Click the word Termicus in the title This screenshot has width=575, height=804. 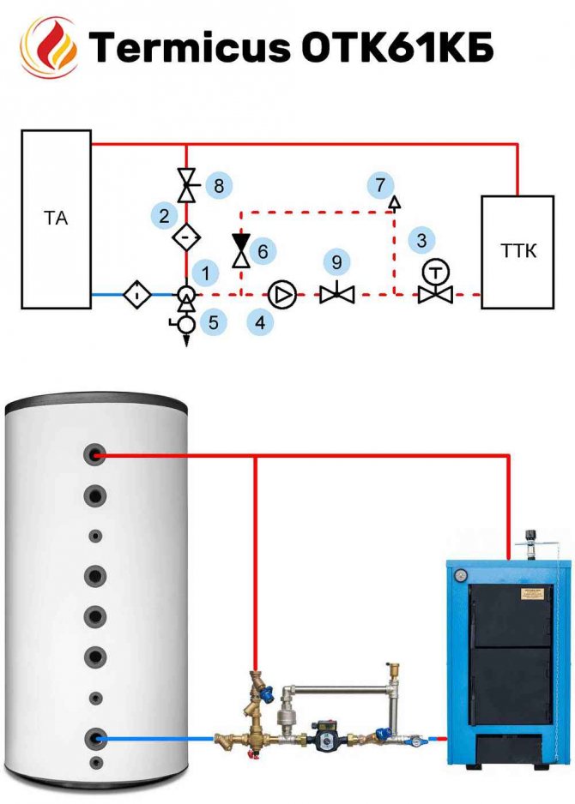click(x=190, y=50)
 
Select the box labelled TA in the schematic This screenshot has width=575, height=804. click(x=56, y=219)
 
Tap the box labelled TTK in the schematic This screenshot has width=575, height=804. click(x=517, y=251)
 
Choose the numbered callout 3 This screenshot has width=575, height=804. click(x=421, y=241)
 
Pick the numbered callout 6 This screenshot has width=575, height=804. click(x=263, y=251)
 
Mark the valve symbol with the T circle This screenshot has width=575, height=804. click(x=437, y=284)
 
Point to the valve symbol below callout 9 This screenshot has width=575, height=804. click(x=337, y=295)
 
